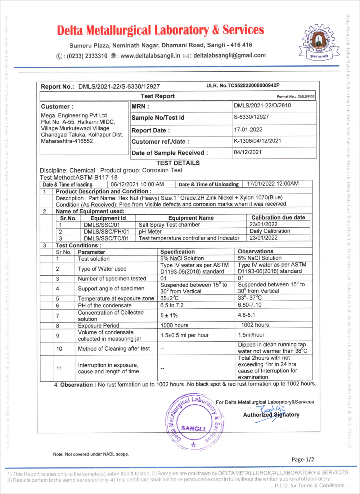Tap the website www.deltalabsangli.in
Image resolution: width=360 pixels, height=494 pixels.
pos(150,55)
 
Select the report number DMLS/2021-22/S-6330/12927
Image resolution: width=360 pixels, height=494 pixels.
pos(119,86)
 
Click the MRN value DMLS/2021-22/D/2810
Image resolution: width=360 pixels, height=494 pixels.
pos(262,106)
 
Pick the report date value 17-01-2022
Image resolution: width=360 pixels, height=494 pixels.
pos(248,130)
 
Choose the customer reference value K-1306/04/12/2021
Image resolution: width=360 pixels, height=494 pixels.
pos(257,141)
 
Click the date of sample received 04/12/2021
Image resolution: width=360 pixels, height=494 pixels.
pos(248,152)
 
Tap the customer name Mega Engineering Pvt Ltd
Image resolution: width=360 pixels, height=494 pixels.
pos(74,116)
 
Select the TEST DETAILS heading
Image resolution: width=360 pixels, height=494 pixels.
pos(178,163)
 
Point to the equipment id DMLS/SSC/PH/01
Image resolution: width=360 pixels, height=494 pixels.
pos(106,231)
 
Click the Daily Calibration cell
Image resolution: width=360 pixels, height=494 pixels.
pos(270,231)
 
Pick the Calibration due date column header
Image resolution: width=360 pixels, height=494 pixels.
pos(278,218)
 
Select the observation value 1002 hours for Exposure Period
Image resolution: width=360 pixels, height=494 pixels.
pos(255,325)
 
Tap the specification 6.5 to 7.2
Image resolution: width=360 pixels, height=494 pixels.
pos(172,305)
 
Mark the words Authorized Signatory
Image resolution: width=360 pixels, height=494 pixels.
pos(271,415)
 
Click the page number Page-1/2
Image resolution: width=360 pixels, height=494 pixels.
pos(303,459)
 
